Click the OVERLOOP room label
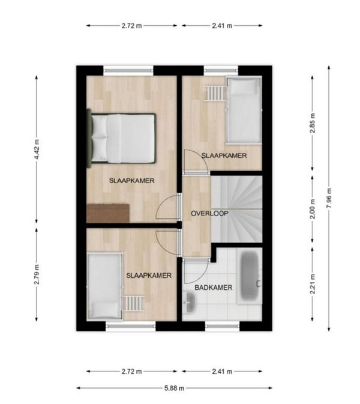tap(209, 213)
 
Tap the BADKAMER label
tap(214, 288)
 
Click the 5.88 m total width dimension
tap(175, 388)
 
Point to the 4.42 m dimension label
tap(37, 149)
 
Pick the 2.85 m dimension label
tap(313, 123)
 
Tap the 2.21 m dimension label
tap(313, 284)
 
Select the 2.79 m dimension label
tap(37, 274)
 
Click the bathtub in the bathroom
tap(250, 276)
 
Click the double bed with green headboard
tap(122, 138)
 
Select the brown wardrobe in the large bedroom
tap(108, 213)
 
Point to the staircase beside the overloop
tap(236, 209)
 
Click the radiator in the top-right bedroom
tap(215, 93)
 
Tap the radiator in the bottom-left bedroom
tap(133, 303)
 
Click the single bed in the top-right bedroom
tap(244, 110)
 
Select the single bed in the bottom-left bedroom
tap(105, 286)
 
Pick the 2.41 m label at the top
tap(222, 26)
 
